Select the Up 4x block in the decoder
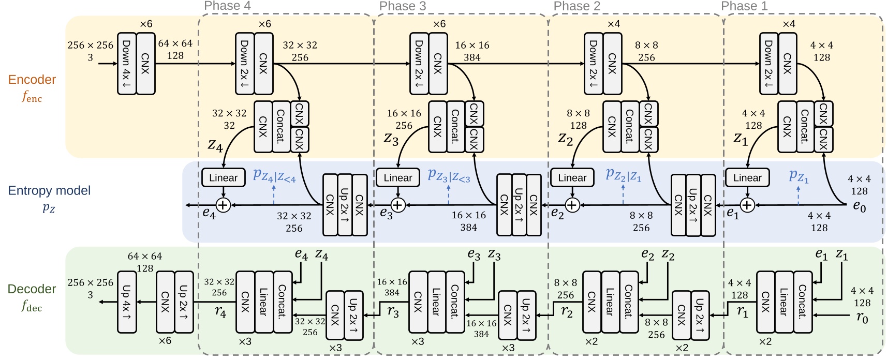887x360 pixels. click(127, 302)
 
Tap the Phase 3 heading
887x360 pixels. click(403, 6)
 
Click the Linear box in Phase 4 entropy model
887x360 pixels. click(223, 178)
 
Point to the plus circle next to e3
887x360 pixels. click(397, 205)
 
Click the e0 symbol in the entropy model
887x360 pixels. click(859, 206)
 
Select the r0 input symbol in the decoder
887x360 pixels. click(862, 317)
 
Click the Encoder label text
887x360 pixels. click(32, 80)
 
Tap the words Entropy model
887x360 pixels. click(49, 191)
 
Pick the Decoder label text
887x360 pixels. click(32, 289)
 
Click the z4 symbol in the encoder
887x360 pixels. click(215, 145)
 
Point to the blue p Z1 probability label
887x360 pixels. click(799, 176)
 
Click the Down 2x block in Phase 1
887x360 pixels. click(768, 64)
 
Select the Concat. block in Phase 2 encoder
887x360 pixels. click(630, 127)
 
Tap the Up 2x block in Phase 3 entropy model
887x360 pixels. click(519, 205)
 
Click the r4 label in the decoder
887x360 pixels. click(220, 312)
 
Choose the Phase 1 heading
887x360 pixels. click(744, 6)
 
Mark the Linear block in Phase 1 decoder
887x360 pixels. click(783, 302)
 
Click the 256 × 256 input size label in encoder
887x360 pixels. click(90, 46)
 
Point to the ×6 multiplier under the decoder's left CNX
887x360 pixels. click(165, 341)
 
